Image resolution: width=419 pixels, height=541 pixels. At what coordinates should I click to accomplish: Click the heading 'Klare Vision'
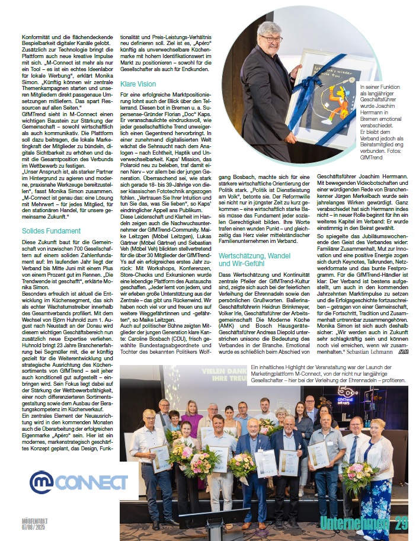[138, 84]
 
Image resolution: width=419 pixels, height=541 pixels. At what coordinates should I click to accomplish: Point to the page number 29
[401, 524]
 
